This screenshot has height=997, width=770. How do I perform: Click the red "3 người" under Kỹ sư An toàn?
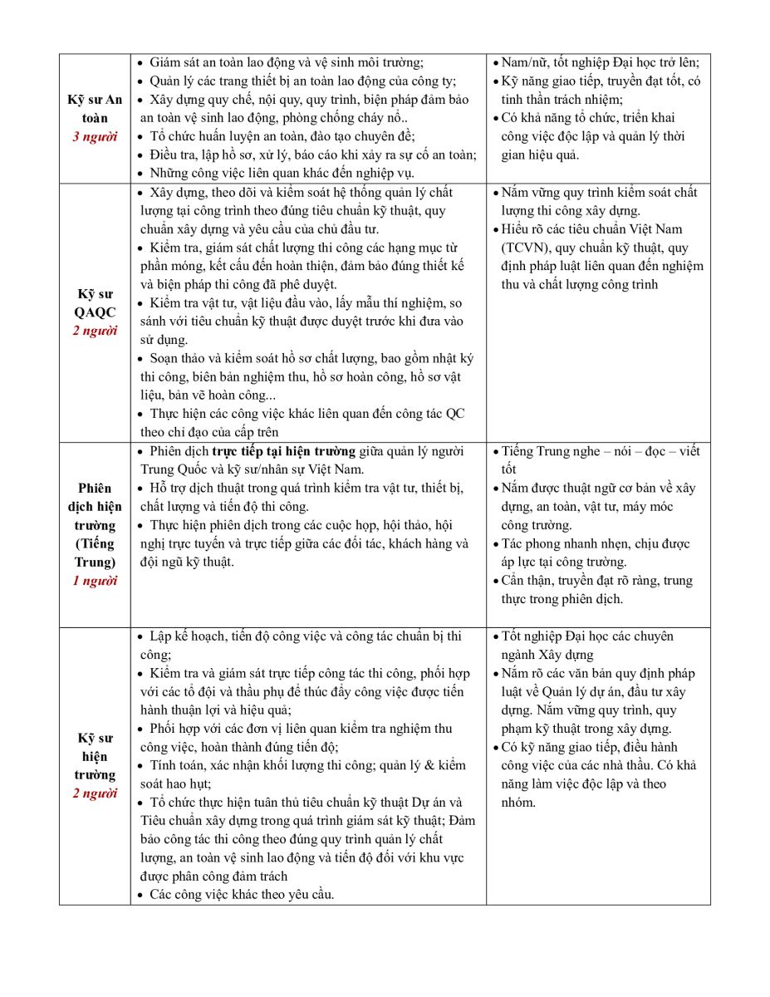(95, 136)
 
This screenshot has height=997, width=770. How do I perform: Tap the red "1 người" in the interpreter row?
(95, 581)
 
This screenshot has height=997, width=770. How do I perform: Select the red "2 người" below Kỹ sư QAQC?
(95, 331)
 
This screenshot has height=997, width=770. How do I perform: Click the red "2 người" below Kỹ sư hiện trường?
(95, 793)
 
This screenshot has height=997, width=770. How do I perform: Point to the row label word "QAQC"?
(95, 312)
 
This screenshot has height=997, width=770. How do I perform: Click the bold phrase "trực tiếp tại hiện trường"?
(283, 451)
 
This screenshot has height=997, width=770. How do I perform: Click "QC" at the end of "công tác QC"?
(455, 414)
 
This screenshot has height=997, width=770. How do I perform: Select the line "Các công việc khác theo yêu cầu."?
(242, 894)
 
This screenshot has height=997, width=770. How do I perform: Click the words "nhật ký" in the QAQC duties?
(449, 359)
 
